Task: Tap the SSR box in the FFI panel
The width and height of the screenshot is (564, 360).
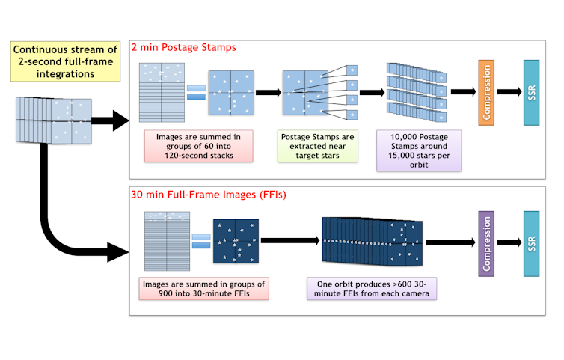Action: [532, 242]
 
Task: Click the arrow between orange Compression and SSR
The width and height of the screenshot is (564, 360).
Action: [509, 92]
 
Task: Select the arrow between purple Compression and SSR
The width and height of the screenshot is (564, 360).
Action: [510, 242]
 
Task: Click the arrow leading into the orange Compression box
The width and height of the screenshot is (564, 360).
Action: [462, 92]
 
